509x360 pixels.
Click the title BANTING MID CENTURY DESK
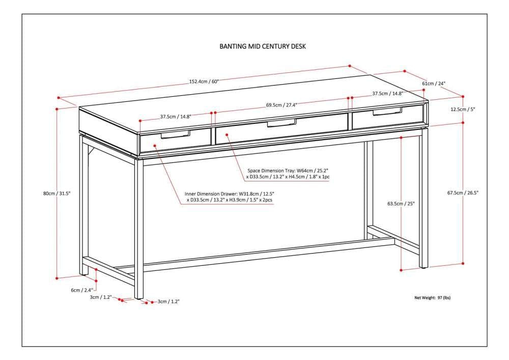tap(262, 46)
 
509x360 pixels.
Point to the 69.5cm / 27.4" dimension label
tap(281, 105)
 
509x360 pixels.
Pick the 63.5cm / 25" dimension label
tap(401, 204)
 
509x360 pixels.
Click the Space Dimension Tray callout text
tap(288, 173)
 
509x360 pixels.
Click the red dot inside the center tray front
tap(227, 134)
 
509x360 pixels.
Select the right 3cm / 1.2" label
tap(168, 302)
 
